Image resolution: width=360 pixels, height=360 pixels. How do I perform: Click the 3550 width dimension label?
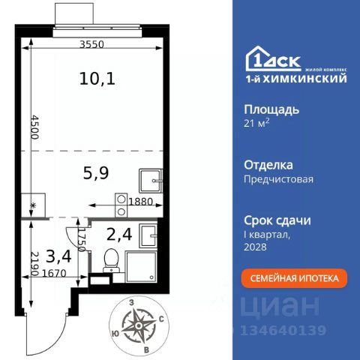pos(91,44)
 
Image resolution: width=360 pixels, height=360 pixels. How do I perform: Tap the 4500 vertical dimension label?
pos(35,127)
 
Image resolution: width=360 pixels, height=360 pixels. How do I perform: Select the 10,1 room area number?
pos(97,78)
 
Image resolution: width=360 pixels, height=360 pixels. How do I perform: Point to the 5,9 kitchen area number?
pos(96,173)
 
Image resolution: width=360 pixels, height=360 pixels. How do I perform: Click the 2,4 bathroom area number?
pos(119,235)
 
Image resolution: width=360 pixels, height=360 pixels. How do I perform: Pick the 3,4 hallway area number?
pos(59,256)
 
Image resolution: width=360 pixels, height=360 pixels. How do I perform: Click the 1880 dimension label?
pos(140,202)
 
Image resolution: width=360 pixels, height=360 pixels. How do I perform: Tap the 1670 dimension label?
pos(54,273)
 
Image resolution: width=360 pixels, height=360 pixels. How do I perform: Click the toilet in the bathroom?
pos(111,260)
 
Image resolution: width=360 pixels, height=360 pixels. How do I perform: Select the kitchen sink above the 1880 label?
pos(151,181)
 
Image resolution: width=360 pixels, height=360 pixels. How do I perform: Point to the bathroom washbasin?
pos(148,235)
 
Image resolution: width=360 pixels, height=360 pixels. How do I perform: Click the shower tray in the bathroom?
pos(141,267)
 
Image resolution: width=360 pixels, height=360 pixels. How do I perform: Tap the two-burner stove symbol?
pos(121,205)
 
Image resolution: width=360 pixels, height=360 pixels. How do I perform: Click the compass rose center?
pos(138,325)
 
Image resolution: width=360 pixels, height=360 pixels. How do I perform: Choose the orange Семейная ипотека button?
pos(294,278)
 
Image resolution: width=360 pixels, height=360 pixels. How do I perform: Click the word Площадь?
pos(271,109)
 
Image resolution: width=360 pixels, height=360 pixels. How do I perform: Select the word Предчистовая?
pos(278,179)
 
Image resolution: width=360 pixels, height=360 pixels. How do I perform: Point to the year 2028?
pos(255,247)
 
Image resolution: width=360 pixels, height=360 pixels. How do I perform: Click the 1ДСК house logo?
pos(274,59)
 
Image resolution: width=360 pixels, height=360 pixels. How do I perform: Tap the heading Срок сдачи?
pos(277,220)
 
